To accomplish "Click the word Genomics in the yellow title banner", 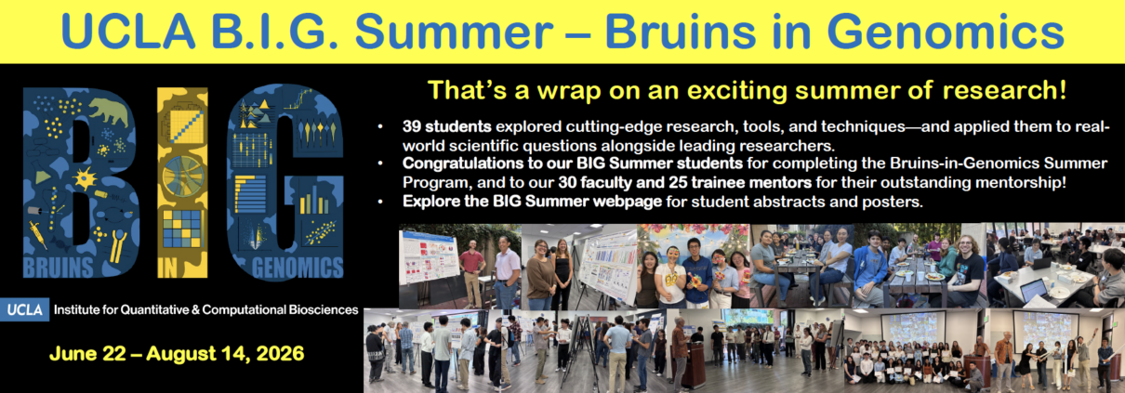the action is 946,33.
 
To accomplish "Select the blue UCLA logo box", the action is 24,309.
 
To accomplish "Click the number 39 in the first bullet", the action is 411,126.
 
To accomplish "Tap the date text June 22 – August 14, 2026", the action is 177,353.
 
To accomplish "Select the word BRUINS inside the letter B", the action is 59,268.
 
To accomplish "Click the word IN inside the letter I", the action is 167,268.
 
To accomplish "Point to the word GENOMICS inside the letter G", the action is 298,268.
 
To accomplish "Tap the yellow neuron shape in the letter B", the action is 85,178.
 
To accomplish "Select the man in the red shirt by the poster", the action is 472,273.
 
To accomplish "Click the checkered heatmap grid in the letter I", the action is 182,229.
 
